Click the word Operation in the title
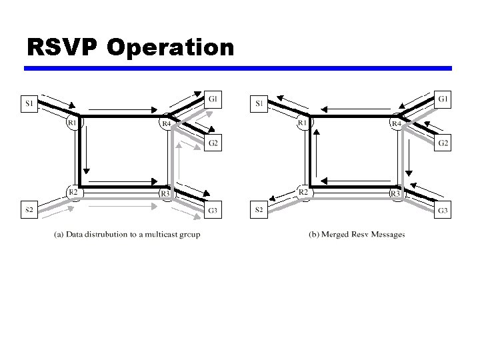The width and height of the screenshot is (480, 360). click(x=169, y=48)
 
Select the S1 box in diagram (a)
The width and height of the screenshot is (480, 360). click(x=29, y=103)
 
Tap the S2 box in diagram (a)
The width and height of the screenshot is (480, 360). click(x=29, y=211)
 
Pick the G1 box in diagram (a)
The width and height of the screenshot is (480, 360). click(x=213, y=99)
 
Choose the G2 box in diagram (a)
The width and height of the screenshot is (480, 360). click(x=213, y=143)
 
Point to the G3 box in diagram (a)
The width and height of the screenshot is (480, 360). click(x=213, y=211)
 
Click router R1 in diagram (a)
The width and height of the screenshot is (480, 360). click(x=72, y=122)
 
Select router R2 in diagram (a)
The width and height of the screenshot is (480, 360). click(x=73, y=192)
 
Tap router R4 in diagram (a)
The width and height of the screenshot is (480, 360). click(x=166, y=123)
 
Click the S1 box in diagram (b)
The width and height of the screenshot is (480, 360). click(x=259, y=103)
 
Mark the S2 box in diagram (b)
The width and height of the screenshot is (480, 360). click(x=259, y=211)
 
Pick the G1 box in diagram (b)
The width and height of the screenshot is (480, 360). click(x=443, y=99)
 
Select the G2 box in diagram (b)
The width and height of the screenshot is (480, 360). click(x=443, y=143)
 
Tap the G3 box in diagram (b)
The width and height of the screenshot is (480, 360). click(x=443, y=211)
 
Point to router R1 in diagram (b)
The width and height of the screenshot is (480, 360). click(x=303, y=122)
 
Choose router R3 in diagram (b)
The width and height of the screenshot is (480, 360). click(x=395, y=193)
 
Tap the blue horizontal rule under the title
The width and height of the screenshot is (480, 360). click(x=238, y=68)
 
